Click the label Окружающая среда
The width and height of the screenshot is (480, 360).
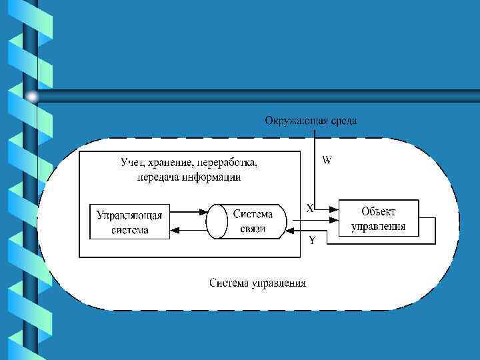(311, 121)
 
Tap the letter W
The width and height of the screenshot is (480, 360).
(327, 160)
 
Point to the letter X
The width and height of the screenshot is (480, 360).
(310, 207)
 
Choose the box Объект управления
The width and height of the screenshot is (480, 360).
(378, 219)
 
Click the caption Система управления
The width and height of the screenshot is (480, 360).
(257, 283)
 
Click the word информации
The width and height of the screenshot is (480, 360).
(209, 177)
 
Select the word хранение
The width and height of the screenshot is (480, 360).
(175, 163)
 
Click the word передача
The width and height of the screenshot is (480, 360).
(157, 177)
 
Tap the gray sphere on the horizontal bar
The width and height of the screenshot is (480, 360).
(32, 97)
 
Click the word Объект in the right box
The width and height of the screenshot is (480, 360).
(378, 211)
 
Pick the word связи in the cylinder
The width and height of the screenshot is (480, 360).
(253, 229)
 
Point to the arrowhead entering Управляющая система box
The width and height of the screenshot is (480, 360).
(175, 230)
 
